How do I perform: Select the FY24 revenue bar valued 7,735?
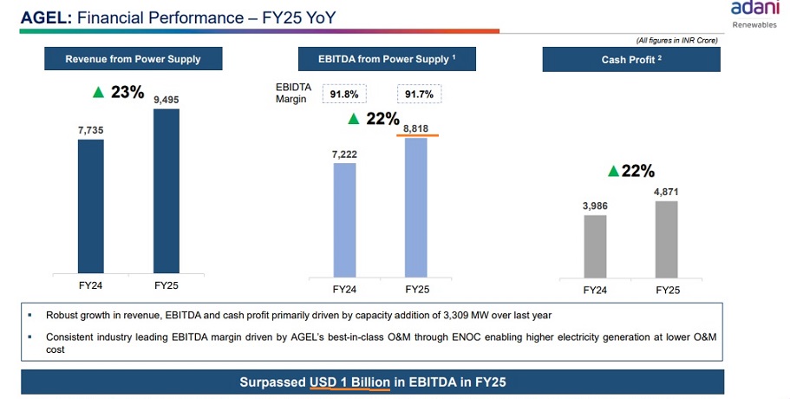pyautogui.click(x=91, y=206)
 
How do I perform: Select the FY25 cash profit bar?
pyautogui.click(x=666, y=239)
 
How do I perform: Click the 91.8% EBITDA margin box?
pyautogui.click(x=344, y=94)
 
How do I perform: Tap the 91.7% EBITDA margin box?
pyautogui.click(x=419, y=94)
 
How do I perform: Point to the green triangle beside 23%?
pyautogui.click(x=98, y=91)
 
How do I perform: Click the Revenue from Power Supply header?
pyautogui.click(x=133, y=59)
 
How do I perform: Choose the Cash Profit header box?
pyautogui.click(x=632, y=60)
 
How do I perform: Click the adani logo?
pyautogui.click(x=755, y=9)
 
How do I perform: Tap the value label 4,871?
pyautogui.click(x=666, y=191)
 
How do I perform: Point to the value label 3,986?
pyautogui.click(x=595, y=206)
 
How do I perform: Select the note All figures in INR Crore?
pyautogui.click(x=676, y=40)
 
